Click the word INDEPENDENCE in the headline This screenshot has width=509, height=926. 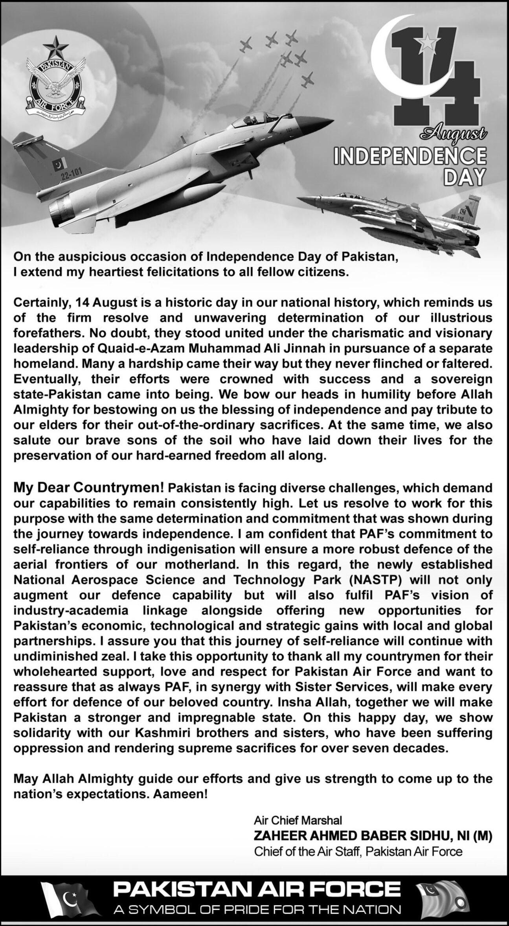409,158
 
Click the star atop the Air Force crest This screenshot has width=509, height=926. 57,46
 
